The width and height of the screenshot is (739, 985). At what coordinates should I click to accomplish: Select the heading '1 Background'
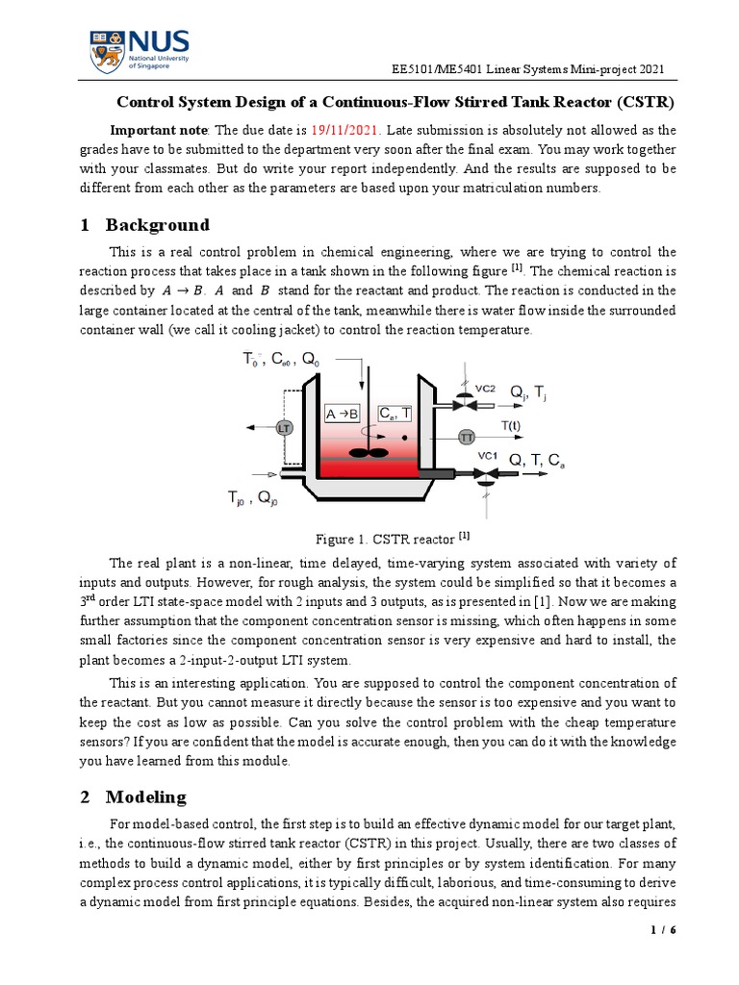144,225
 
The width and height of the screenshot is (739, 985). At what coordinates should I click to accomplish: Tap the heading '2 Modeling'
134,796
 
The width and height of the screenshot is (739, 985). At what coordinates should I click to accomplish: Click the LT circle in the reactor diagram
284,427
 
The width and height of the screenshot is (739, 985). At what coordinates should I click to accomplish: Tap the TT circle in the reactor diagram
467,436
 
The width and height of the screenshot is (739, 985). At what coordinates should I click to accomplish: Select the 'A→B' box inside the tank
343,414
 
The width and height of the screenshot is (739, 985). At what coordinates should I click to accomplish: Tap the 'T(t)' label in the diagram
511,424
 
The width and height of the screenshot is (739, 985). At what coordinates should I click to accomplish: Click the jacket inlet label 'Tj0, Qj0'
252,497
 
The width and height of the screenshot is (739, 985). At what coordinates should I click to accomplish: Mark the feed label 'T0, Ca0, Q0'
280,360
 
